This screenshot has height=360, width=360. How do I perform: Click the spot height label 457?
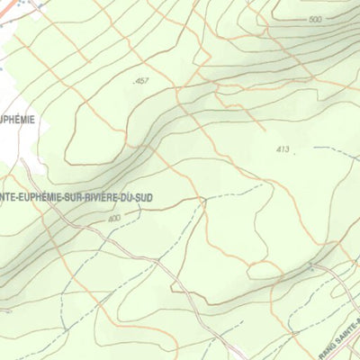coord(140,82)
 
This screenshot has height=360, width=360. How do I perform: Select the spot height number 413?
coord(283,149)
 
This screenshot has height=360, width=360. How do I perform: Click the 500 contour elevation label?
coord(314,20)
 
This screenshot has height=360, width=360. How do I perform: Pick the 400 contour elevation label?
coord(113,218)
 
